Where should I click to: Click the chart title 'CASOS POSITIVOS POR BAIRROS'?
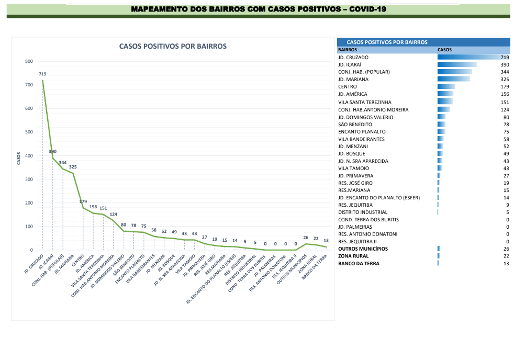coord(173,46)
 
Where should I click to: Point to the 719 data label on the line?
coord(42,74)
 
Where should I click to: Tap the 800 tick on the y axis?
coord(28,62)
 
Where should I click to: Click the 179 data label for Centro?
coord(83,201)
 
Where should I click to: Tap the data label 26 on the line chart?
coord(306,238)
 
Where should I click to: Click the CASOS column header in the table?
coord(444,50)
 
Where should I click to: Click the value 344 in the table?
coord(505,72)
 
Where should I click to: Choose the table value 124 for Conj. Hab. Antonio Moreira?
coord(505,110)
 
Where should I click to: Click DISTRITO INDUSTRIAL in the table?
coord(363,212)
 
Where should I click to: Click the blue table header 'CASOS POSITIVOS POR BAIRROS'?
coord(387,42)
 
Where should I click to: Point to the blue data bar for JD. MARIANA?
coord(453,80)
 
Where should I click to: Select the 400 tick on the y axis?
coord(28,156)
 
